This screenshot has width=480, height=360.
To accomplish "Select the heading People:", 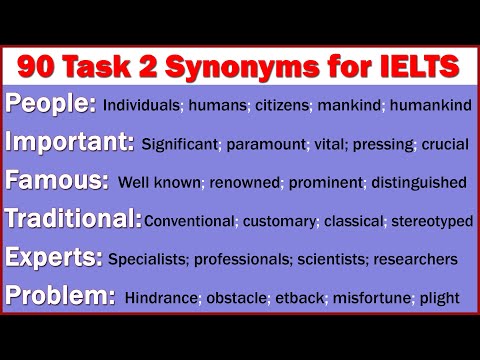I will pos(51,103).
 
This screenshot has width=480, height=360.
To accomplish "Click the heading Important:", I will pos(69,142).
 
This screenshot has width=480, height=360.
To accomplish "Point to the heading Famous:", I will pos(57,181).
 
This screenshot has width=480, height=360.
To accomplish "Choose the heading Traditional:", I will pos(73,219).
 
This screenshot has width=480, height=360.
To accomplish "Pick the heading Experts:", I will pos(54,258).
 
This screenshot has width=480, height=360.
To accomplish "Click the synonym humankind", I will pos(431,105).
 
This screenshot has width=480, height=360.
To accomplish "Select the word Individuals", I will pos(142,105).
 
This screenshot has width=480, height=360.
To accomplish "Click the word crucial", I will pos(445,144).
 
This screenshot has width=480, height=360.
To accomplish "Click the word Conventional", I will pos(190,221).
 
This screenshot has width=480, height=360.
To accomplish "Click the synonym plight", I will pos(440,298).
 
